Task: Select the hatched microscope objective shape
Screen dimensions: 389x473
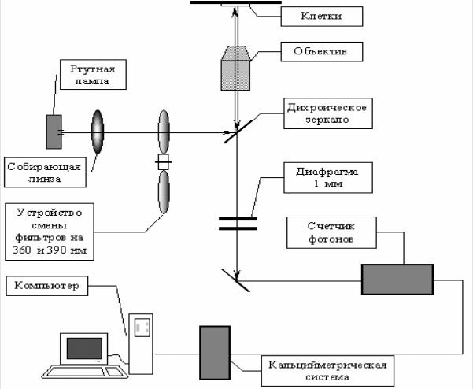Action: pyautogui.click(x=236, y=71)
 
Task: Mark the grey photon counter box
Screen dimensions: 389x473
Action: pyautogui.click(x=397, y=278)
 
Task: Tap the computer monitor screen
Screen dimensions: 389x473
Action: pyautogui.click(x=85, y=347)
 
